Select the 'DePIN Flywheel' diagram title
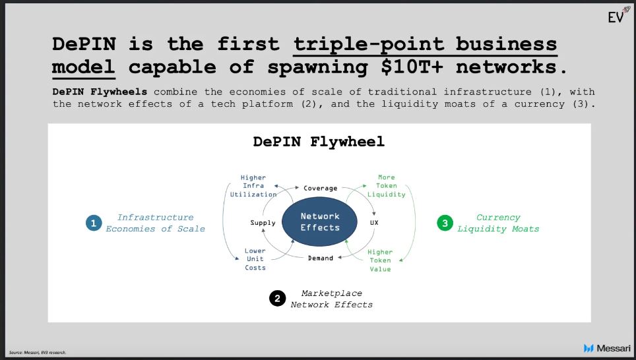319,142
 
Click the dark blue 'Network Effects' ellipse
320,222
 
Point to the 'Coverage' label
320,188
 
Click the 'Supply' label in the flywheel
263,223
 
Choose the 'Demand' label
321,258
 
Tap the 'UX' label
375,223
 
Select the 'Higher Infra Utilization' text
253,186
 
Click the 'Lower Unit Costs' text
255,259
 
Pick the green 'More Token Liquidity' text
387,186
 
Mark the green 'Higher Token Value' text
380,260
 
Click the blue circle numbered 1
93,224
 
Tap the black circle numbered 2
277,299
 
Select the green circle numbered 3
445,224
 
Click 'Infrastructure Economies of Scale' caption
155,223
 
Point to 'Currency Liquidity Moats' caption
498,223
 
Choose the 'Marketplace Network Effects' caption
332,299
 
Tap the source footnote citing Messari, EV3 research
38,352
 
